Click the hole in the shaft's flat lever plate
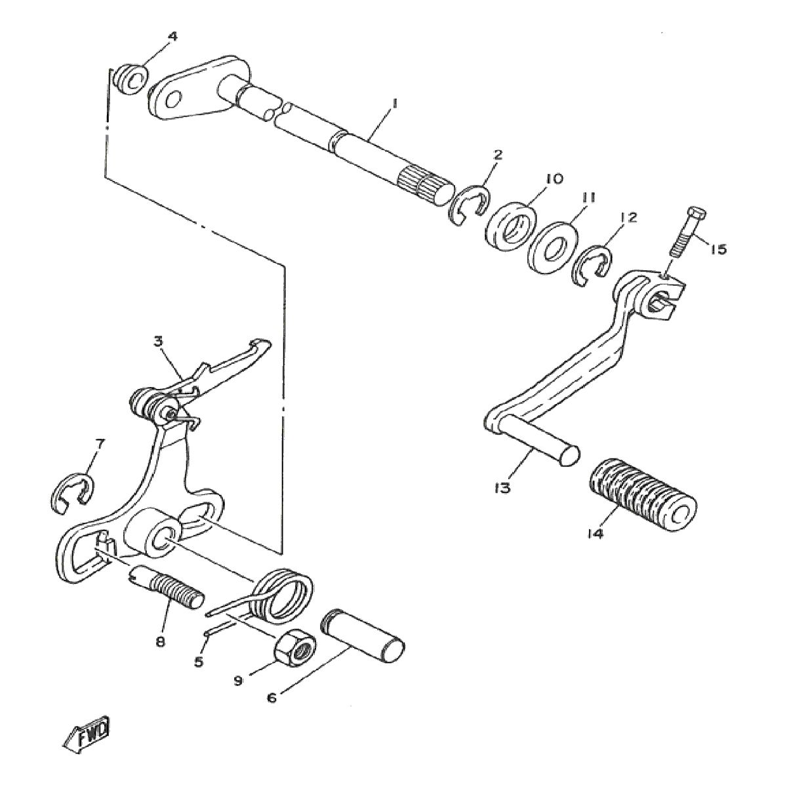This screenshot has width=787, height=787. pyautogui.click(x=172, y=100)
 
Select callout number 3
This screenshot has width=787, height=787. pyautogui.click(x=157, y=341)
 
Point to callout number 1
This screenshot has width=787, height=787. pyautogui.click(x=395, y=103)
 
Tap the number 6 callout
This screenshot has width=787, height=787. pyautogui.click(x=272, y=697)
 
